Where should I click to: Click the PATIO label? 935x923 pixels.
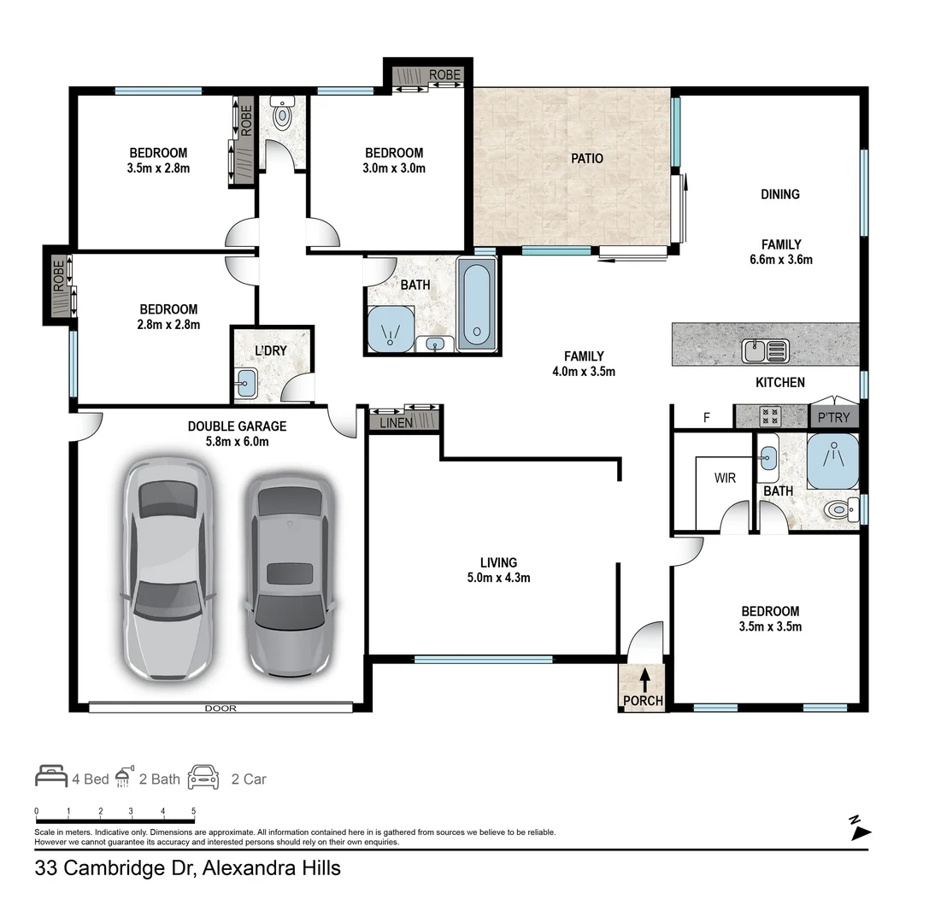point(587,158)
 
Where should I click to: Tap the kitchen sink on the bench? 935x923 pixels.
point(765,349)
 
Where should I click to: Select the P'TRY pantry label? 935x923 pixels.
point(833,417)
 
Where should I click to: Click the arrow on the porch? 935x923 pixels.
point(644,679)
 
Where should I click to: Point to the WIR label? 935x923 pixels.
point(725,479)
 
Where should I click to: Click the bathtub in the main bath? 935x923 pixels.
point(477,303)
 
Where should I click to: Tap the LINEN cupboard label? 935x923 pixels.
point(395,422)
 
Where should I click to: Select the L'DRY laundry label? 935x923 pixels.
point(270,350)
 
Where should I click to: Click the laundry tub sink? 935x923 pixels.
point(244,382)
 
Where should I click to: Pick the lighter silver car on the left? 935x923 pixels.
point(167,568)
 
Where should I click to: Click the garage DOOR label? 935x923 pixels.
point(220,708)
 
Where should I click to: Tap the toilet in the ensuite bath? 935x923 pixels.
point(839,511)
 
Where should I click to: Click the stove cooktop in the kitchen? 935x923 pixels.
point(770,416)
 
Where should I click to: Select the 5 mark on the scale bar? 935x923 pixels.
point(193,811)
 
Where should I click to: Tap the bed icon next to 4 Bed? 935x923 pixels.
point(51,777)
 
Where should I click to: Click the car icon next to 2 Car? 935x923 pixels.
point(203,777)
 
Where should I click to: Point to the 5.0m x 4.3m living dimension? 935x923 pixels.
point(498,578)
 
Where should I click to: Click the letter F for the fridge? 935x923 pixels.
point(706,418)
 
